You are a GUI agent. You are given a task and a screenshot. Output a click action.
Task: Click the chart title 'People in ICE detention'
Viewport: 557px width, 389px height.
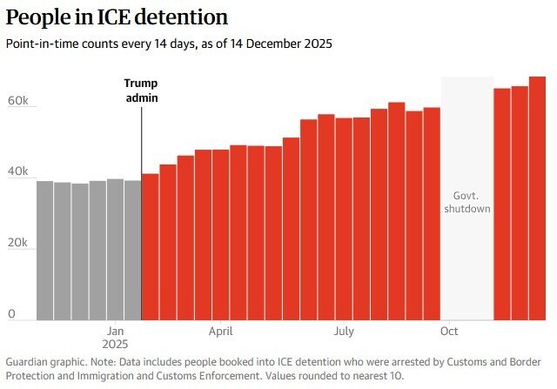click(117, 17)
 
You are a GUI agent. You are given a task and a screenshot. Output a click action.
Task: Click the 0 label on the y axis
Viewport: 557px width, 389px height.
click(12, 313)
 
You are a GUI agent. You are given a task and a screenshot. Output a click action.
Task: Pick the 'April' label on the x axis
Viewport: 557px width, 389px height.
click(220, 331)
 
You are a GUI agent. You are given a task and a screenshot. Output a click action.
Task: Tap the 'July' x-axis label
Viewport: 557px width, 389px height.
click(344, 331)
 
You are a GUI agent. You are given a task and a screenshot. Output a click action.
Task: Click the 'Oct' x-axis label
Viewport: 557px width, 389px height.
click(450, 331)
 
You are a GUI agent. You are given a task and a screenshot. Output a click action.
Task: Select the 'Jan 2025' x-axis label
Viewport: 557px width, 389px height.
click(117, 338)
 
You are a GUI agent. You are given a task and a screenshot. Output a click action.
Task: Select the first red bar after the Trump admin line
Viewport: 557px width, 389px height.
click(150, 247)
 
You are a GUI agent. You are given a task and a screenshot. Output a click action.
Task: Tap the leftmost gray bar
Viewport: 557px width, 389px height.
click(44, 251)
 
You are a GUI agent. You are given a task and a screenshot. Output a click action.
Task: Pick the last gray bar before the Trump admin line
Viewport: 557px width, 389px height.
click(132, 251)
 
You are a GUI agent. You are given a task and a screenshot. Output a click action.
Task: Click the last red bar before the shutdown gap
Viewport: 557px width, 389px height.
click(431, 214)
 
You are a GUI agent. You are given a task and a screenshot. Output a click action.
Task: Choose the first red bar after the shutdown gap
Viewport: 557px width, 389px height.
click(502, 205)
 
